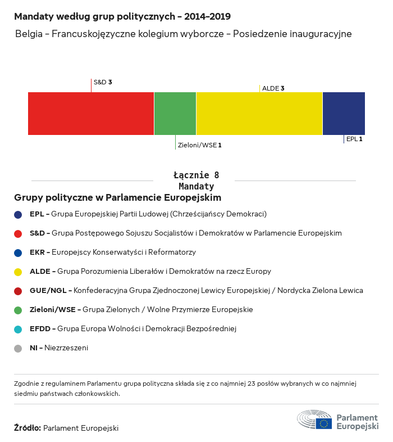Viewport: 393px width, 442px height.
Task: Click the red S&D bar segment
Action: (91, 114)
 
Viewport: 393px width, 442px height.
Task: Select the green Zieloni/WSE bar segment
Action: (175, 114)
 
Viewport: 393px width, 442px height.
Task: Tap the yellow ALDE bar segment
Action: (259, 114)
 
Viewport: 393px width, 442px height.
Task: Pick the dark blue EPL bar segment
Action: (344, 114)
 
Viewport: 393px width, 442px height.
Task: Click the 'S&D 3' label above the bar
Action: (103, 82)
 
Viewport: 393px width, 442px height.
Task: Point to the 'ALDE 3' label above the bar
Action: (273, 88)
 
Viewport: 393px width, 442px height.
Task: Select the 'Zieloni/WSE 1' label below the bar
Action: (199, 145)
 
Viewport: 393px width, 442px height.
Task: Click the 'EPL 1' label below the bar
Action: (354, 138)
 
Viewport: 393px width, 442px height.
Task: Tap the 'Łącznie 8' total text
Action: (196, 175)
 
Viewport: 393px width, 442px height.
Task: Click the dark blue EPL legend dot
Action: (18, 214)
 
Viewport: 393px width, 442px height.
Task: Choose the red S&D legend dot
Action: (18, 233)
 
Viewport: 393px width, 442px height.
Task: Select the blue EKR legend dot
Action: (18, 252)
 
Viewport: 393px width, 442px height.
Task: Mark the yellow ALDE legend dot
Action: (18, 272)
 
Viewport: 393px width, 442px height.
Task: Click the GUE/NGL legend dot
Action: (18, 291)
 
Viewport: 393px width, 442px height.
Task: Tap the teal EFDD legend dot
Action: (18, 329)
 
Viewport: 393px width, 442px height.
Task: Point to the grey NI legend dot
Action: (18, 348)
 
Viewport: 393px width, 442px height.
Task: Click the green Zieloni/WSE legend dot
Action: (18, 310)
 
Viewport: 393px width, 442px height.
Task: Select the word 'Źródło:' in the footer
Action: (28, 428)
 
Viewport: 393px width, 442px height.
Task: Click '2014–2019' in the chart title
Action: (203, 17)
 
